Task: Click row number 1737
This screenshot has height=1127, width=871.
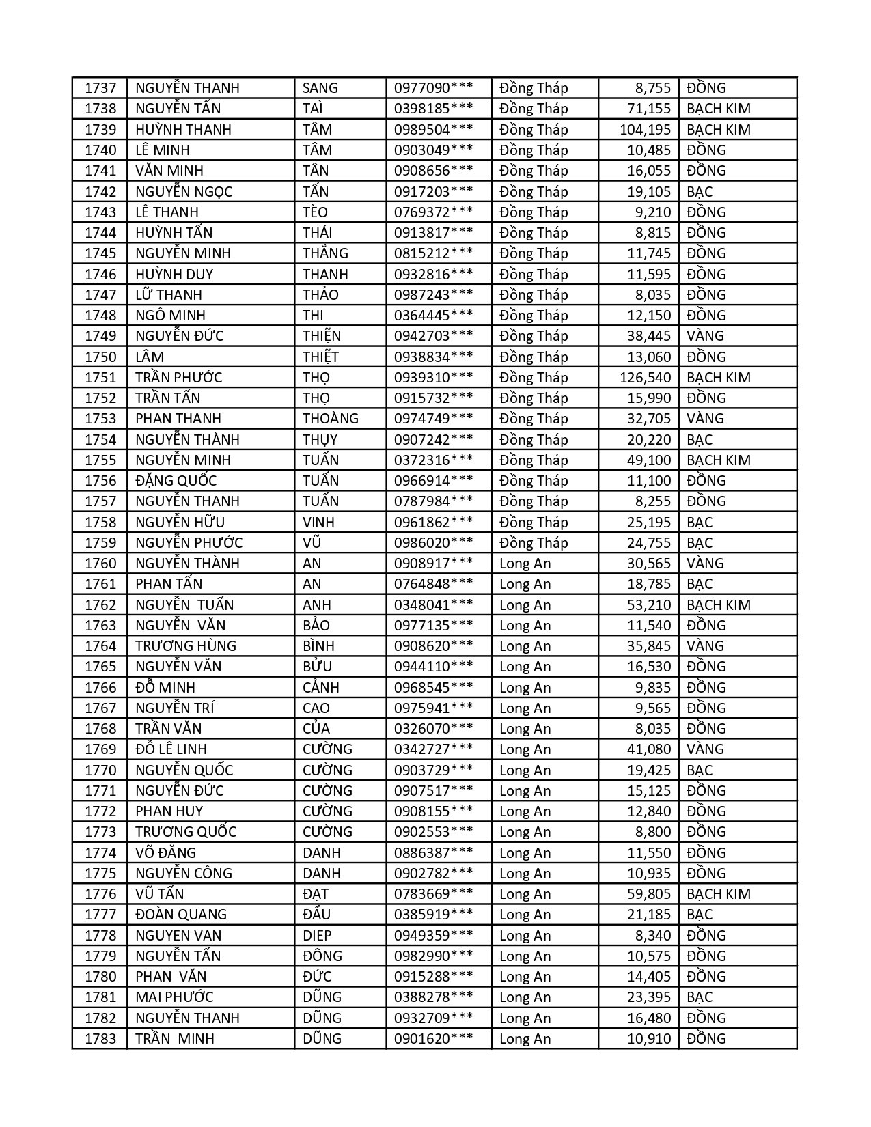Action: tap(100, 88)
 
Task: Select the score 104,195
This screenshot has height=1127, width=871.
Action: tap(645, 130)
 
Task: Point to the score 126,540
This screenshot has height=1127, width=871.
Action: tap(645, 378)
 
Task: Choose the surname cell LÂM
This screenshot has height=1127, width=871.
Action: tap(150, 357)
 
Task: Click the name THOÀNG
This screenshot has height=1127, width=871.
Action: tap(331, 419)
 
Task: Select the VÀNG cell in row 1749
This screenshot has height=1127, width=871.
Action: tap(705, 336)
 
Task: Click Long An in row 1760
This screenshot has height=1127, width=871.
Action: tap(525, 563)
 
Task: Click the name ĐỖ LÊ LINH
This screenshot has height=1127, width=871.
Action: tap(171, 749)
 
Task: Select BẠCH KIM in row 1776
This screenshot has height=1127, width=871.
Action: tap(718, 894)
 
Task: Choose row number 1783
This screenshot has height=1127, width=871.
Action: tap(100, 1039)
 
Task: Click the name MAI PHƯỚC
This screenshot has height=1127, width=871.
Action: tap(174, 997)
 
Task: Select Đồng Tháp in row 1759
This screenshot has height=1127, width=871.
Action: tap(534, 543)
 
